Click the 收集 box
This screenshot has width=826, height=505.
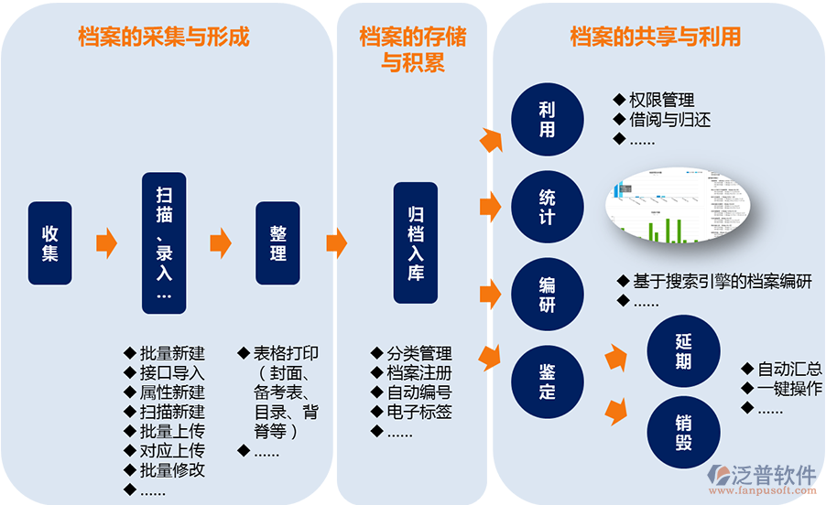click(49, 242)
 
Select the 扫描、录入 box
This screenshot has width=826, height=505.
click(164, 242)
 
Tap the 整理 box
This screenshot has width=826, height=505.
click(278, 242)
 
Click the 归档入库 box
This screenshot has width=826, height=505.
click(416, 242)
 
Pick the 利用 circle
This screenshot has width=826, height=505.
click(547, 120)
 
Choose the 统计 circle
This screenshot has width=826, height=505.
click(547, 206)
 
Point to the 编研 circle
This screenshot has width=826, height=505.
click(547, 294)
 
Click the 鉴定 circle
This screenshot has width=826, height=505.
click(547, 380)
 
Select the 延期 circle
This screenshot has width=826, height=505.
click(683, 351)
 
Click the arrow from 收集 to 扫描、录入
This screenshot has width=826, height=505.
click(107, 242)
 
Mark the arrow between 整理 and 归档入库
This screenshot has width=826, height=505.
click(337, 242)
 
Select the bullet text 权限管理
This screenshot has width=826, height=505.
click(661, 100)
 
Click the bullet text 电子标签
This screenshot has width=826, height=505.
click(418, 412)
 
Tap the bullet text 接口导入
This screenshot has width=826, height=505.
click(172, 372)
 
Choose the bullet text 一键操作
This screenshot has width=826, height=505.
click(789, 389)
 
